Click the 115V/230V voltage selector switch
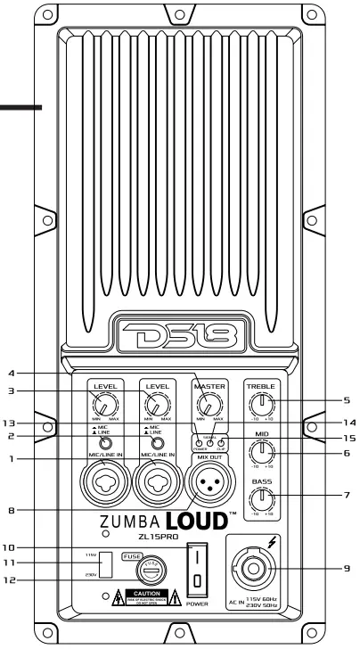tap(106, 564)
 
